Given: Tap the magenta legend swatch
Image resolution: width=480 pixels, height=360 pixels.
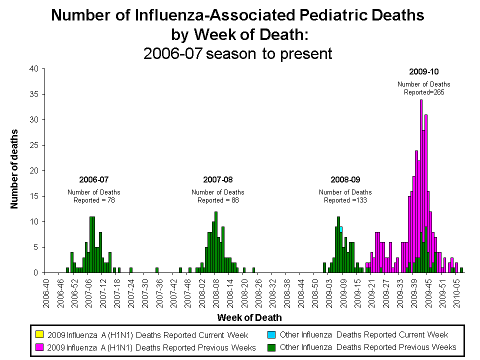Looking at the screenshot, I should [39, 347].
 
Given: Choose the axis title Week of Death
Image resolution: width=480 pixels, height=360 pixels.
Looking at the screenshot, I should [249, 317].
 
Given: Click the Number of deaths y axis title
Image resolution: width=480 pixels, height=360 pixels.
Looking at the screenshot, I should [14, 168].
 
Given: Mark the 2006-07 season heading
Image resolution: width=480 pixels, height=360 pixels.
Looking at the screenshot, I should [94, 179].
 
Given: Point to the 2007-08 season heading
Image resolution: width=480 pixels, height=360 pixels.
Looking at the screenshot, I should [217, 179].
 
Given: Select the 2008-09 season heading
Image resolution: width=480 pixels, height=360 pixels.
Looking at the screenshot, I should [345, 179].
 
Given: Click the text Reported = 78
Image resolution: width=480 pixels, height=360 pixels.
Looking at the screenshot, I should [94, 200].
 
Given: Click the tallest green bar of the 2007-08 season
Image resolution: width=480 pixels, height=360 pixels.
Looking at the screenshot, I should [216, 242].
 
